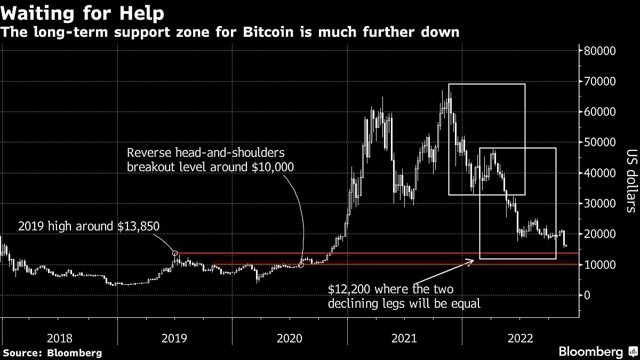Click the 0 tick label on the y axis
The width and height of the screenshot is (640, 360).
[588, 295]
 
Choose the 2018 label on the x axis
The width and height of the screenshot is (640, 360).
[60, 338]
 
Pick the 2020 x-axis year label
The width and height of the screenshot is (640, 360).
[289, 338]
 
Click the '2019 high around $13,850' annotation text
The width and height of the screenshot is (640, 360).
[89, 226]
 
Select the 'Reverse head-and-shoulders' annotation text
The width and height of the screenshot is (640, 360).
[206, 153]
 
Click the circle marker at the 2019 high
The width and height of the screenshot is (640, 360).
[175, 253]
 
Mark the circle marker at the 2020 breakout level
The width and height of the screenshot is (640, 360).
[301, 265]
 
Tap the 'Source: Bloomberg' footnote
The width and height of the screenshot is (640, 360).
[52, 353]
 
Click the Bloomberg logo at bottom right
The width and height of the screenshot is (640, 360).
[597, 351]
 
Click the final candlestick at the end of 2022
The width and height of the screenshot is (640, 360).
[565, 245]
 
